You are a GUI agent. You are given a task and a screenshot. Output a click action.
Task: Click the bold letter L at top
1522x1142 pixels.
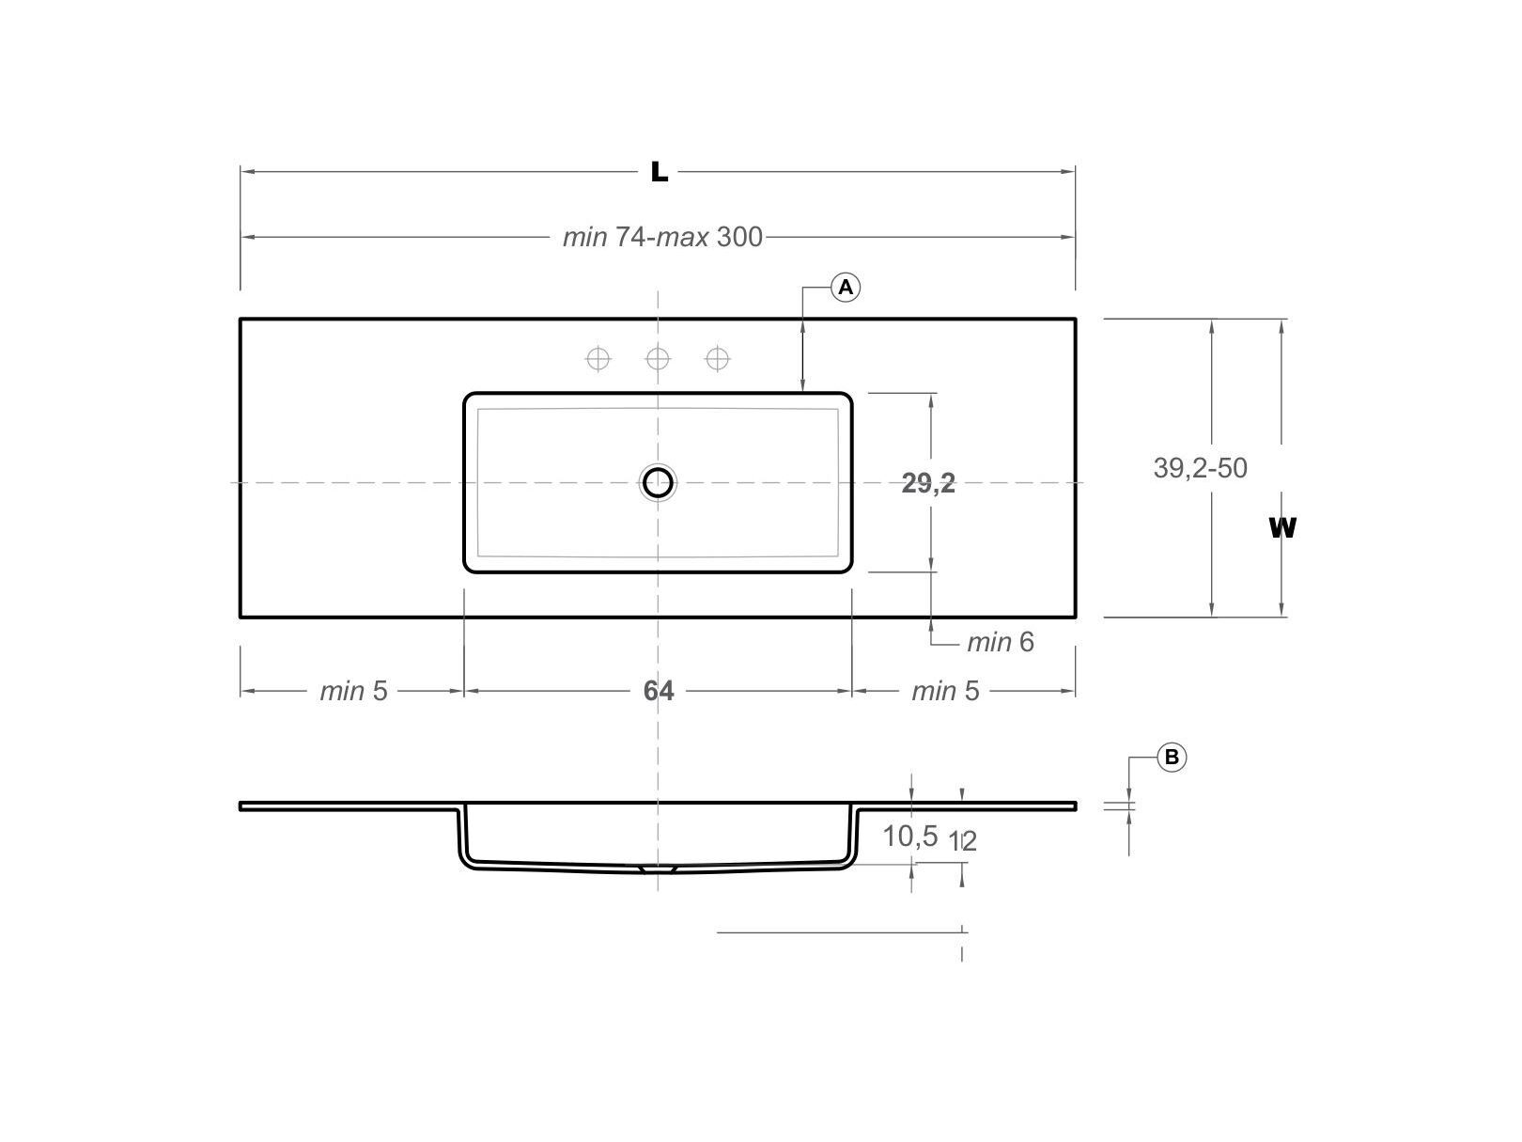660,172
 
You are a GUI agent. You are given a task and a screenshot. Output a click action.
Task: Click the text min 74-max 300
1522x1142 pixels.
662,237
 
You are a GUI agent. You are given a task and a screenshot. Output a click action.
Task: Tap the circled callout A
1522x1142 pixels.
846,287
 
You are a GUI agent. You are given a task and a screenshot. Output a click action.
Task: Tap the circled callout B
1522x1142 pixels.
1172,757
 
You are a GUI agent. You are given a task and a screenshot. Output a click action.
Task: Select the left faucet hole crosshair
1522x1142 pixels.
598,358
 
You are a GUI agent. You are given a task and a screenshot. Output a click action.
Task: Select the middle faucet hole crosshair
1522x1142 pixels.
658,358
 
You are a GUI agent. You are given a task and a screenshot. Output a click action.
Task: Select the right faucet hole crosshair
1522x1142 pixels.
718,358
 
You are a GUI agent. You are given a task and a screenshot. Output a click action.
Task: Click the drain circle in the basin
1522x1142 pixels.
658,482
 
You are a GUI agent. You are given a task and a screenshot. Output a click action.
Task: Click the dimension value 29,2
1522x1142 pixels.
928,483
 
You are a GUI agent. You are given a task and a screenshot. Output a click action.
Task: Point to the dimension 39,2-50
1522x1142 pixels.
1200,467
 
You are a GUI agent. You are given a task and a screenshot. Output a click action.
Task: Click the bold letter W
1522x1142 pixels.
1281,528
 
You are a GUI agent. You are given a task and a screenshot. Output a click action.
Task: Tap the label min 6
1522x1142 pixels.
1000,642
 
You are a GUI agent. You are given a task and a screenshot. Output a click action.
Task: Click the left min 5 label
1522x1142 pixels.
353,691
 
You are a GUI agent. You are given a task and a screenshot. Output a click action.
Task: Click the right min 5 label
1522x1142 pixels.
945,691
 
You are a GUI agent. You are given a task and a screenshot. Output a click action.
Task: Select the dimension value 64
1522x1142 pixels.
658,691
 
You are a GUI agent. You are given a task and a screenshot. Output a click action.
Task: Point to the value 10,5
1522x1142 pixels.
909,836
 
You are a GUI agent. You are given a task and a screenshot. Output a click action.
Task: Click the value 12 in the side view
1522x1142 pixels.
963,841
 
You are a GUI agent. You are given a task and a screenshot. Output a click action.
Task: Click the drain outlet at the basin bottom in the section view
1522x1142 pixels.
658,870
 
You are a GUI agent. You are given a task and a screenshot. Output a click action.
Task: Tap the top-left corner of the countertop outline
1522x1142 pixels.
241,320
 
